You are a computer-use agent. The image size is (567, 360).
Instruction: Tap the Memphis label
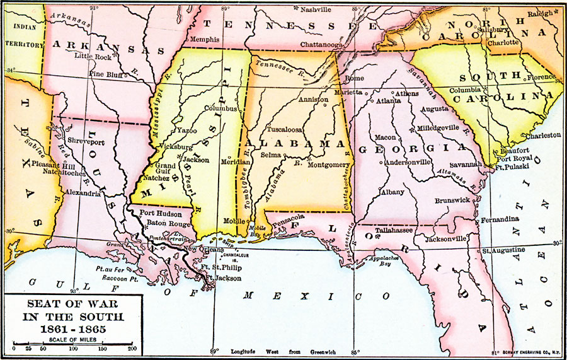[x=205, y=39]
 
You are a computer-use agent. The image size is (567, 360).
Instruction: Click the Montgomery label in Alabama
[x=328, y=165]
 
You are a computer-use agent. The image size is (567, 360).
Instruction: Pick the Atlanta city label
[x=389, y=100]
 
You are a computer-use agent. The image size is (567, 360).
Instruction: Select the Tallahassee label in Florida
[x=394, y=231]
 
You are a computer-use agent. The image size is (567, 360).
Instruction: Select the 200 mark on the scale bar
[x=132, y=348]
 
